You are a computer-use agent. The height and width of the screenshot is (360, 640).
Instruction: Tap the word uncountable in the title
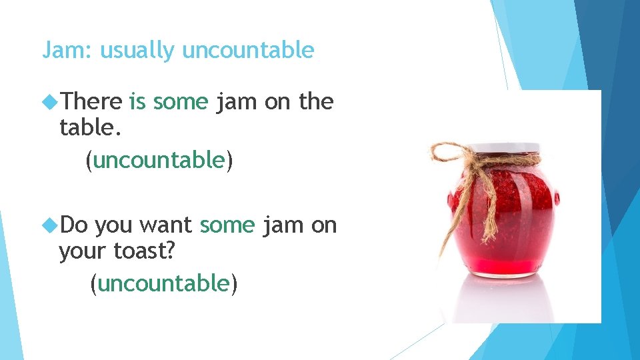click(247, 50)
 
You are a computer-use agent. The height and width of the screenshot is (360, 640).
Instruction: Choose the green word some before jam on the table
click(181, 101)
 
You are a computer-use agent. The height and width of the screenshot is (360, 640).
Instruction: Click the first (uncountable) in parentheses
click(159, 159)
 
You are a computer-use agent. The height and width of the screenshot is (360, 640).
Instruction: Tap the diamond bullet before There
click(50, 102)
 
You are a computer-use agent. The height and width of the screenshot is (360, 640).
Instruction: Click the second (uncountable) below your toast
click(164, 283)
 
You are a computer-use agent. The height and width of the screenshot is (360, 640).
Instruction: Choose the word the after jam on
click(316, 101)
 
